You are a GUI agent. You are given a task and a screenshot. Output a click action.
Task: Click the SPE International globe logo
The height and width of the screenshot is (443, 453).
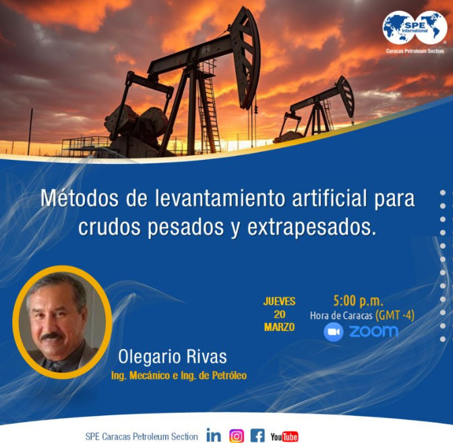coord(415,28)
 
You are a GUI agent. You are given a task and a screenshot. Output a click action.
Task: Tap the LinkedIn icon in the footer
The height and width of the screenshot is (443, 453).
coord(214,435)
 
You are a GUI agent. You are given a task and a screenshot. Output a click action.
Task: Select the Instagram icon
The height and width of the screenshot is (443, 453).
coord(237,436)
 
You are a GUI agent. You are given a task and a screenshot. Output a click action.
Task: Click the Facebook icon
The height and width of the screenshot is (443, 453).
coord(258,436)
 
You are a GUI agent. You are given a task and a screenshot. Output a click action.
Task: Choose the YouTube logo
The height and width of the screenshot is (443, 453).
coord(284,437)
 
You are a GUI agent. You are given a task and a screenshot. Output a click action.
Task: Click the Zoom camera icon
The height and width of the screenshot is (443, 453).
coord(334,332)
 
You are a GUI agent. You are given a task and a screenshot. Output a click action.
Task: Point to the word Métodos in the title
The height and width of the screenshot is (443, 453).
coord(80,198)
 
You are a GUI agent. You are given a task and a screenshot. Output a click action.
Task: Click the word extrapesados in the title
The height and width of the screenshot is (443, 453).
coord(311,227)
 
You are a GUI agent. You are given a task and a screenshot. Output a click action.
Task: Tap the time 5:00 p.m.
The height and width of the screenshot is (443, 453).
coord(358,301)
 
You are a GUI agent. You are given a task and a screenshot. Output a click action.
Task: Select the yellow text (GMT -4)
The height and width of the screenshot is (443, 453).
coord(394,316)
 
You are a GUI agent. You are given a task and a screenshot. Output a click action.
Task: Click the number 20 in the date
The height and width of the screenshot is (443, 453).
coord(279,314)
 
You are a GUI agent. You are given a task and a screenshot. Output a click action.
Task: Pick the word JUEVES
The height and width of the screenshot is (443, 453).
coord(279,301)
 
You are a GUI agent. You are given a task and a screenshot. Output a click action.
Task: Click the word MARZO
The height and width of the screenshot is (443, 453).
coord(279,327)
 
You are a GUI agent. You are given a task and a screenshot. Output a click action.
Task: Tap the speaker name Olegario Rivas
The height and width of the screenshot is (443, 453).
coord(173,357)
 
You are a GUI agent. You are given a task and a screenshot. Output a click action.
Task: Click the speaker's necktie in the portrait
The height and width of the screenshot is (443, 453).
coord(55,366)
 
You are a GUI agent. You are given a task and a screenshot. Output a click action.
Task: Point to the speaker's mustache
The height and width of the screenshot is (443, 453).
coord(52,336)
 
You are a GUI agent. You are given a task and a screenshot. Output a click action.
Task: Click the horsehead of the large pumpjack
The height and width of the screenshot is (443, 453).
coord(245,58)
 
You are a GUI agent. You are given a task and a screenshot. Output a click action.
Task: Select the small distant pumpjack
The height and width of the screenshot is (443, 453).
coord(315,110)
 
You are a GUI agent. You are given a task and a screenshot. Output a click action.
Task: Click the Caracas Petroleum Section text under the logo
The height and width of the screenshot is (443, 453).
coord(415,51)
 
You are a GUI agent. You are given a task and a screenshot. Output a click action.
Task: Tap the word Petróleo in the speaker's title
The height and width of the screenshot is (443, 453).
coord(229,376)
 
